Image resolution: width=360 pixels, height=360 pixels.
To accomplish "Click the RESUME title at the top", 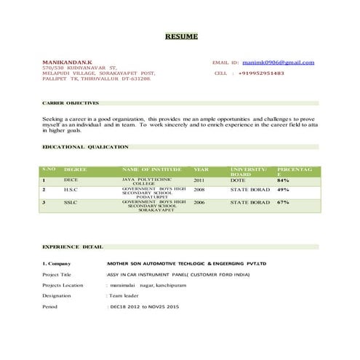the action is pyautogui.click(x=180, y=36).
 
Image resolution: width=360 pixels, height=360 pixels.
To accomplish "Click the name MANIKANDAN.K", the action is pyautogui.click(x=68, y=63).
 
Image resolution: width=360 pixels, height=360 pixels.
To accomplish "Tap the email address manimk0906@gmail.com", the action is pyautogui.click(x=279, y=63).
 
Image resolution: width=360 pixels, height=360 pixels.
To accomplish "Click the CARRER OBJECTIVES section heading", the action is pyautogui.click(x=70, y=103).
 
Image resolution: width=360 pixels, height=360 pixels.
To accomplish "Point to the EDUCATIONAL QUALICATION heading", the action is pyautogui.click(x=85, y=147).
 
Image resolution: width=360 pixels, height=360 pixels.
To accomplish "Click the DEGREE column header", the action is pyautogui.click(x=76, y=169).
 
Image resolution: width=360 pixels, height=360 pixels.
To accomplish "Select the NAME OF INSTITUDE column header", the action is pyautogui.click(x=151, y=169).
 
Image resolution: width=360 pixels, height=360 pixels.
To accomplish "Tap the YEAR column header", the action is pyautogui.click(x=201, y=169).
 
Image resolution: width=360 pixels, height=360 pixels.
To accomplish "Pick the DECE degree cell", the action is pyautogui.click(x=71, y=179).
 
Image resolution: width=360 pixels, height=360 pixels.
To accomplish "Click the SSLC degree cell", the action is pyautogui.click(x=71, y=202).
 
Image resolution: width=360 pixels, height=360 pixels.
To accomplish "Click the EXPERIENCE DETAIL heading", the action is pyautogui.click(x=73, y=247).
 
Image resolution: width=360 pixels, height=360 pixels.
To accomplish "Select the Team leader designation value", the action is pyautogui.click(x=126, y=296).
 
